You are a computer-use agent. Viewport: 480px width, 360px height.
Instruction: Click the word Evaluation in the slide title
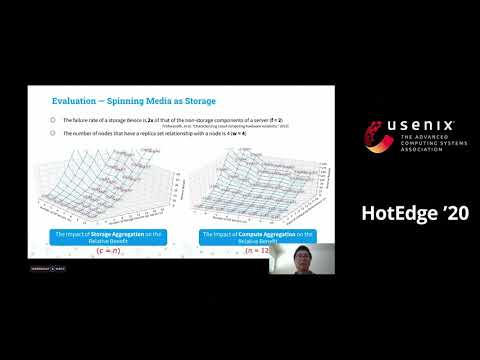click(69, 102)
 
